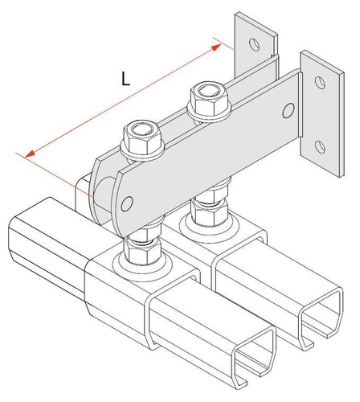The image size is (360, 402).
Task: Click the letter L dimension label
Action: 125,79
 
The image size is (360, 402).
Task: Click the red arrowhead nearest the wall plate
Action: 216,47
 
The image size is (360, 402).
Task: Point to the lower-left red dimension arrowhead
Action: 30,154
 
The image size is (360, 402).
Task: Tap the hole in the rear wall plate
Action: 254,44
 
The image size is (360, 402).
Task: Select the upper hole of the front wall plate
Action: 321,83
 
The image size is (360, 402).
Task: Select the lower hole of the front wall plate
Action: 320,147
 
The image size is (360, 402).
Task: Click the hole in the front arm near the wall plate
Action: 288,111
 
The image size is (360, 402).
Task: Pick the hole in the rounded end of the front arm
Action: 127,203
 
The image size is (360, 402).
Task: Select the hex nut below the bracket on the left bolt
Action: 142,251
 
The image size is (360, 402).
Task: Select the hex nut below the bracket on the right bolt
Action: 210,212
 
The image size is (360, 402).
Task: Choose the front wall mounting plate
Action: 322,115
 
